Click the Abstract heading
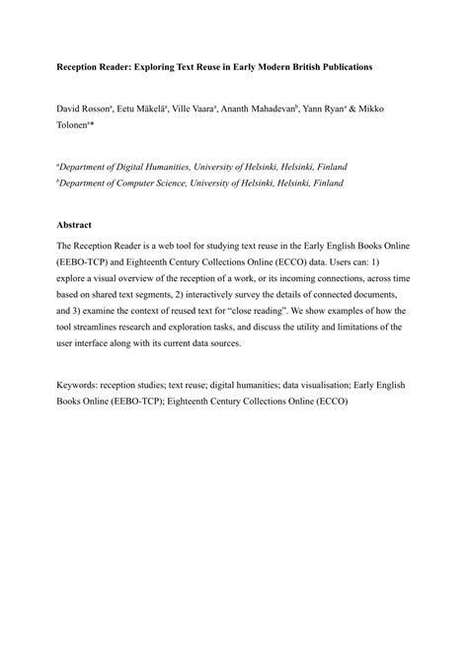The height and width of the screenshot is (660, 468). [x=75, y=225]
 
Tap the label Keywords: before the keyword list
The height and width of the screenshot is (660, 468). [x=80, y=385]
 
